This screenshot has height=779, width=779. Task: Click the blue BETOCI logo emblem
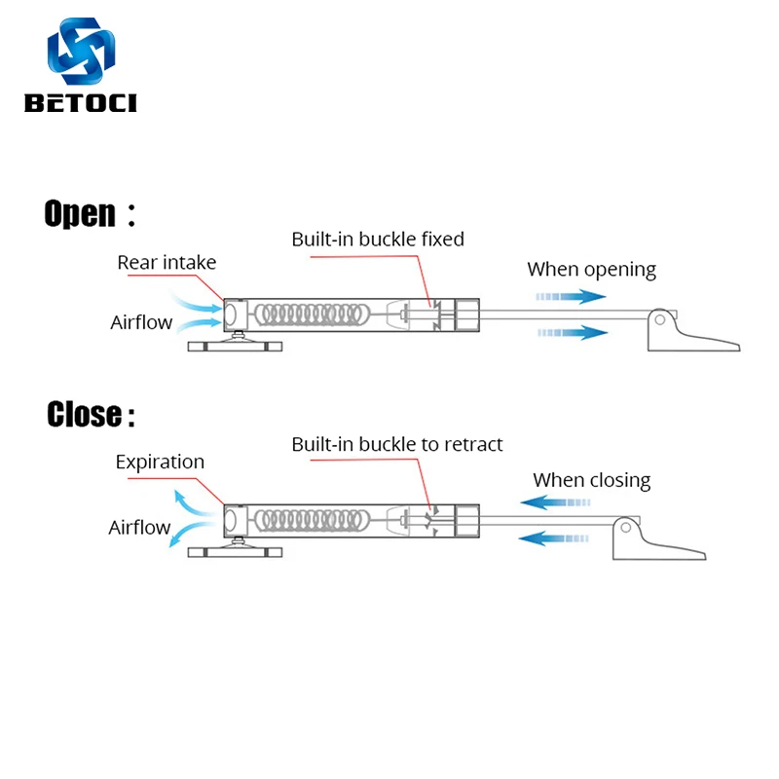(82, 54)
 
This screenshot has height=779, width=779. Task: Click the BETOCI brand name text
(82, 103)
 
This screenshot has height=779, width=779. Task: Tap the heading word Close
(84, 415)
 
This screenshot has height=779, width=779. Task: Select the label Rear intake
(167, 262)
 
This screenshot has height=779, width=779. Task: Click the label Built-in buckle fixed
(378, 239)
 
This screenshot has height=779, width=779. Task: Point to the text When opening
(591, 270)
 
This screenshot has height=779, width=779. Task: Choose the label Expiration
(160, 462)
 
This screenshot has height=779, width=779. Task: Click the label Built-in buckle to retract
(397, 444)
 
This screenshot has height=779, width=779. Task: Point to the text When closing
(591, 480)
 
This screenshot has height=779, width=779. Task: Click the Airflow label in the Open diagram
(141, 322)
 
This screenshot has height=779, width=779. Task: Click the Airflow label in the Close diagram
(139, 528)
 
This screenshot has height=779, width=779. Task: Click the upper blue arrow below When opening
(570, 296)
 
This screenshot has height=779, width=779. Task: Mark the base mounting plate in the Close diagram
(234, 552)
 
